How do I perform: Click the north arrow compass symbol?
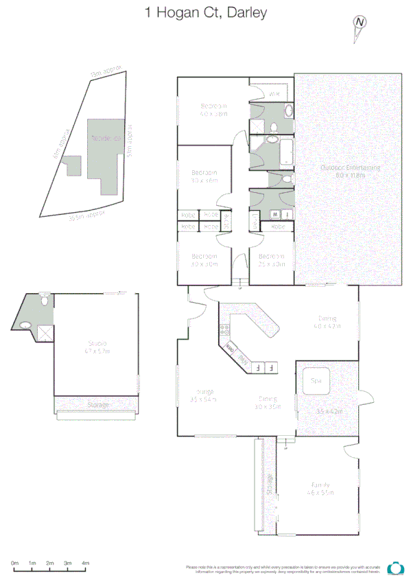click(x=360, y=23)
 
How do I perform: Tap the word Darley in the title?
click(x=245, y=12)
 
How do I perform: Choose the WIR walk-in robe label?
click(x=273, y=94)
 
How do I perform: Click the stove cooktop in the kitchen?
click(x=224, y=335)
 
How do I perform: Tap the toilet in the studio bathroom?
click(x=45, y=300)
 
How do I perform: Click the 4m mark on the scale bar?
click(x=86, y=563)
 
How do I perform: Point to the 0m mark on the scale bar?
click(x=14, y=563)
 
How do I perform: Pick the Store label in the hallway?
click(x=228, y=222)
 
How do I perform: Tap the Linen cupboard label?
click(x=255, y=222)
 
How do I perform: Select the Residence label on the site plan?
click(x=108, y=138)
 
